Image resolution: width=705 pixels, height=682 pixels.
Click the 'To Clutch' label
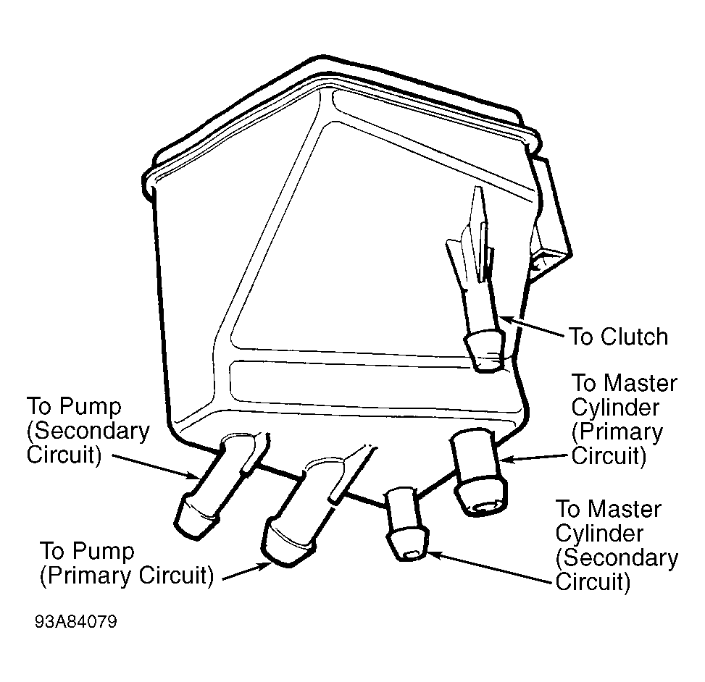point(619,337)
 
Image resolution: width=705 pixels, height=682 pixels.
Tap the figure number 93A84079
point(76,622)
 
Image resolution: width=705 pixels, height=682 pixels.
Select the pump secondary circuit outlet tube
point(217,487)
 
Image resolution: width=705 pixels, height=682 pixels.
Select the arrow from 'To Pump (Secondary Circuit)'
point(156,467)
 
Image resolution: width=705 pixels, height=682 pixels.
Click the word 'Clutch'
point(634,337)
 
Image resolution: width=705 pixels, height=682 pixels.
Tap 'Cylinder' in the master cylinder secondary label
point(599,534)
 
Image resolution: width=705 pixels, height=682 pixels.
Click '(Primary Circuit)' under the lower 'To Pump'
point(127,576)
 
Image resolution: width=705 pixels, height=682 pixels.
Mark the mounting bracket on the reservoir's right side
point(551,220)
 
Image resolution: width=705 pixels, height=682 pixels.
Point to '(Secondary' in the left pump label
point(88,431)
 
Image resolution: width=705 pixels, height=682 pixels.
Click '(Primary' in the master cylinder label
point(617,432)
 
